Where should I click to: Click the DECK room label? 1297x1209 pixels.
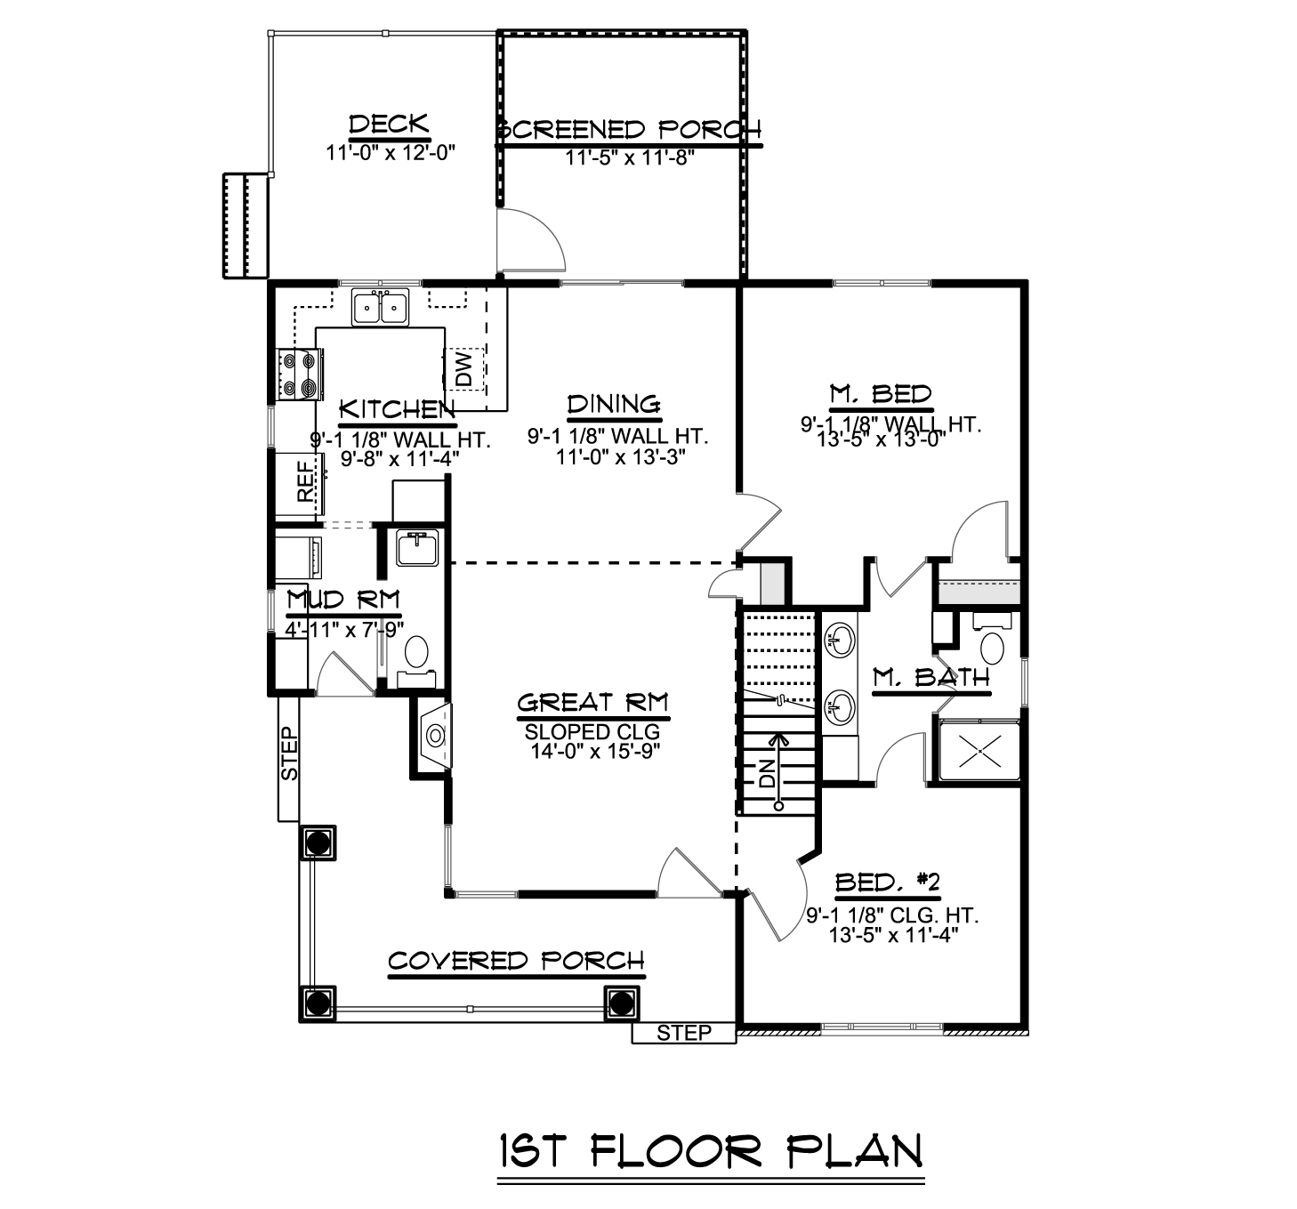(389, 125)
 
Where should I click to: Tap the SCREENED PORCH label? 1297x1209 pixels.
(629, 130)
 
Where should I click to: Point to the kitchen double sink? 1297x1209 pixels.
(380, 308)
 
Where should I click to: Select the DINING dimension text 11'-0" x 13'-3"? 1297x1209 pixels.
(614, 457)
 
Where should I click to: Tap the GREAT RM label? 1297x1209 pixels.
(592, 703)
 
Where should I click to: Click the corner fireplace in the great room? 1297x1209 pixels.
(435, 736)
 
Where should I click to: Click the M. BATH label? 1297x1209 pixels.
(930, 678)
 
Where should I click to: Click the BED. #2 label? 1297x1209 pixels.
(887, 883)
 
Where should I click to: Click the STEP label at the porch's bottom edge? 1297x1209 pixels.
(684, 1032)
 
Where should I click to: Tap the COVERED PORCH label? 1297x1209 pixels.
(516, 962)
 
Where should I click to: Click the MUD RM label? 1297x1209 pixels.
(343, 600)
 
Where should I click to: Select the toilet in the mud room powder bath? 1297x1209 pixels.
(415, 654)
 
